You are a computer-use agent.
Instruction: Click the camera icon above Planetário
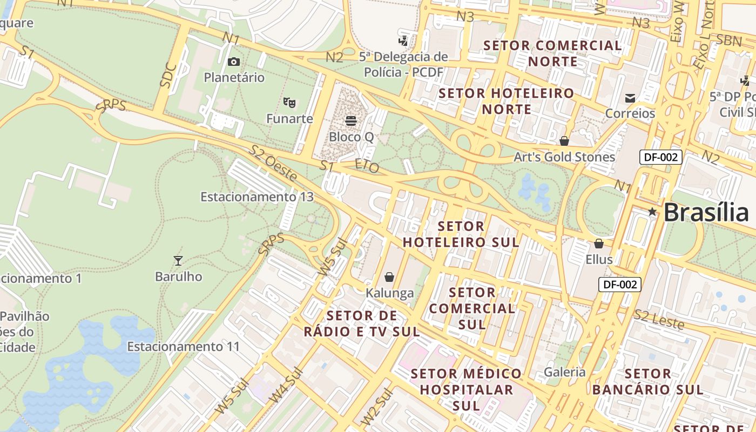(233, 62)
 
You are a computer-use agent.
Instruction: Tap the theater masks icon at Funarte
(289, 102)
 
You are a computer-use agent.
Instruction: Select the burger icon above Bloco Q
(351, 120)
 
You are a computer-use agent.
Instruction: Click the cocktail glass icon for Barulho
(178, 261)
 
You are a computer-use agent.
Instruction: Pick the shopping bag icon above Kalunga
(389, 278)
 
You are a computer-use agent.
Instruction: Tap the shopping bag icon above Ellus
(598, 244)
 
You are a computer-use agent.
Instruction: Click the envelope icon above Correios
(630, 98)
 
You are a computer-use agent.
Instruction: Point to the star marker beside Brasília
(652, 212)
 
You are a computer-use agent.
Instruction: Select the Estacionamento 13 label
(256, 197)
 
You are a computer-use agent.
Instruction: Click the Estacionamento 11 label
(183, 346)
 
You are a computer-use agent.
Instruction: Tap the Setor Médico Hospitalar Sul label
(467, 389)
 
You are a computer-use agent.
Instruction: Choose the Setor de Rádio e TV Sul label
(361, 323)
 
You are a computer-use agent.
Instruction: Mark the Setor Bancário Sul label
(647, 381)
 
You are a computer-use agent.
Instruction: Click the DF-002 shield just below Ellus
(619, 285)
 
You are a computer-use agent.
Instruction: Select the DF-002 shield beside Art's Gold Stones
(661, 158)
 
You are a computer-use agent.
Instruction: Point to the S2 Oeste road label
(273, 163)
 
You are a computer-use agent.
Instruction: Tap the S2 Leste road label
(659, 320)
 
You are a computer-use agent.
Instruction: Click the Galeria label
(564, 372)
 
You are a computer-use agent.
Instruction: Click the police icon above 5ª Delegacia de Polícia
(403, 40)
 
